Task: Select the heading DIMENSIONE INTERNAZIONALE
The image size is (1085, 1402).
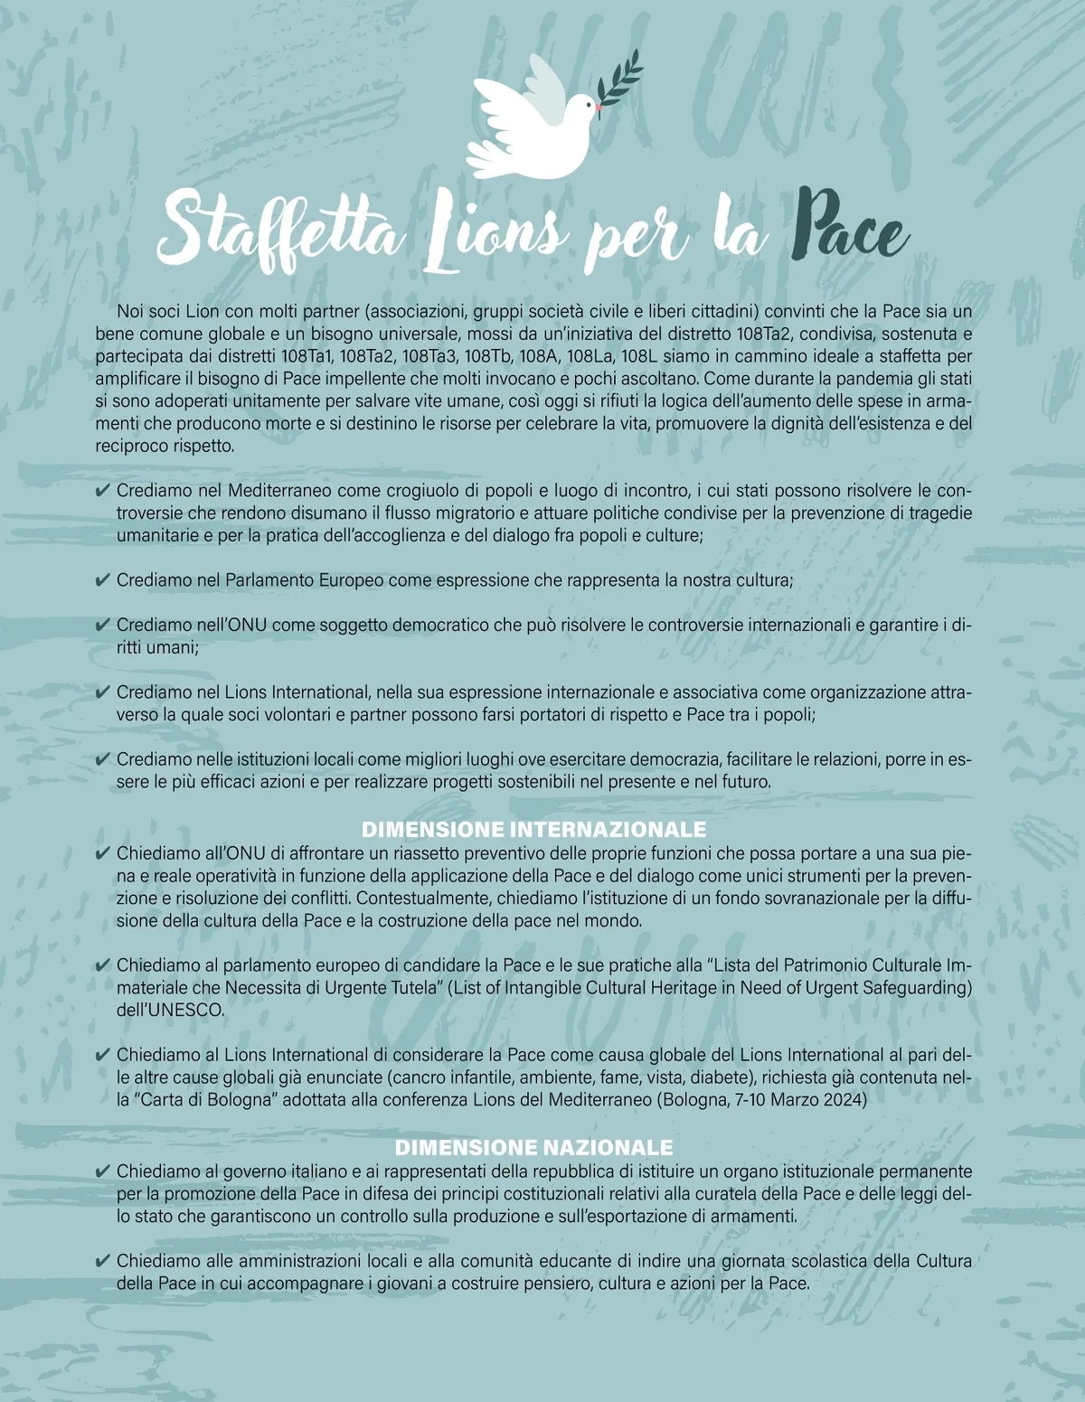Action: (x=533, y=829)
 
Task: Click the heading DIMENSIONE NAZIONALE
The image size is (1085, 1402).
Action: (x=534, y=1147)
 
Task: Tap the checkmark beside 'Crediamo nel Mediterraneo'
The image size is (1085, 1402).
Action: (x=102, y=492)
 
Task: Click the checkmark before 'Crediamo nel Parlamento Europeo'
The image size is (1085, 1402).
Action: (x=102, y=580)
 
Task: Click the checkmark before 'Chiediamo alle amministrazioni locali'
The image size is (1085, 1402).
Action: (x=102, y=1260)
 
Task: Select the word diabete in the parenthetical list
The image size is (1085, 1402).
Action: (x=732, y=1077)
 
